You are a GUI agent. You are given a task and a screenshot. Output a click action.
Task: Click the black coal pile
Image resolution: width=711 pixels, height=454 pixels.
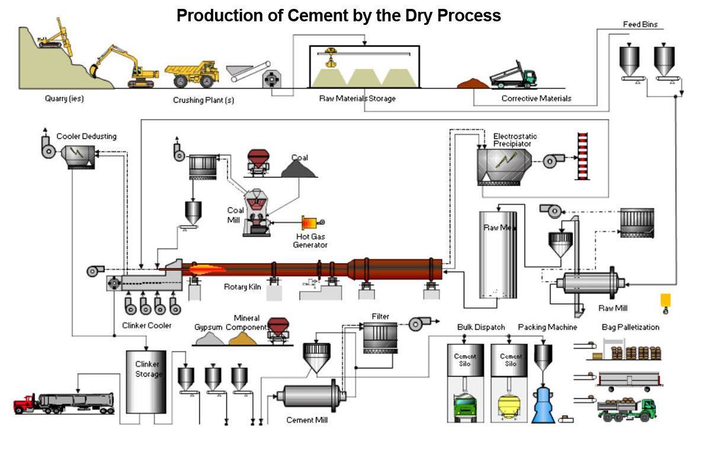pyautogui.click(x=300, y=170)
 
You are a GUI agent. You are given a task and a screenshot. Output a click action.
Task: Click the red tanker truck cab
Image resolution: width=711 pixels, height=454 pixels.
pyautogui.click(x=24, y=405)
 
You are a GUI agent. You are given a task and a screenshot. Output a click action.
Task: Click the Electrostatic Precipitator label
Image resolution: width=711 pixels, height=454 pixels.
pyautogui.click(x=512, y=140)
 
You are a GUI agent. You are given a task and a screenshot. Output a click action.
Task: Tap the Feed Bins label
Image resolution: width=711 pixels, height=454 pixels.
pyautogui.click(x=640, y=25)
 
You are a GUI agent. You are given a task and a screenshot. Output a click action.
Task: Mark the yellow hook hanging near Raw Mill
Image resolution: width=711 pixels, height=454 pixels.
pyautogui.click(x=665, y=302)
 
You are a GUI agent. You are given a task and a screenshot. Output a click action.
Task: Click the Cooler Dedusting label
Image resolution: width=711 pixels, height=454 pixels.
pyautogui.click(x=87, y=136)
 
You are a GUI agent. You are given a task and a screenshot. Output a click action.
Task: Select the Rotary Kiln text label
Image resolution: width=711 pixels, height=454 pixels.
pyautogui.click(x=242, y=287)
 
